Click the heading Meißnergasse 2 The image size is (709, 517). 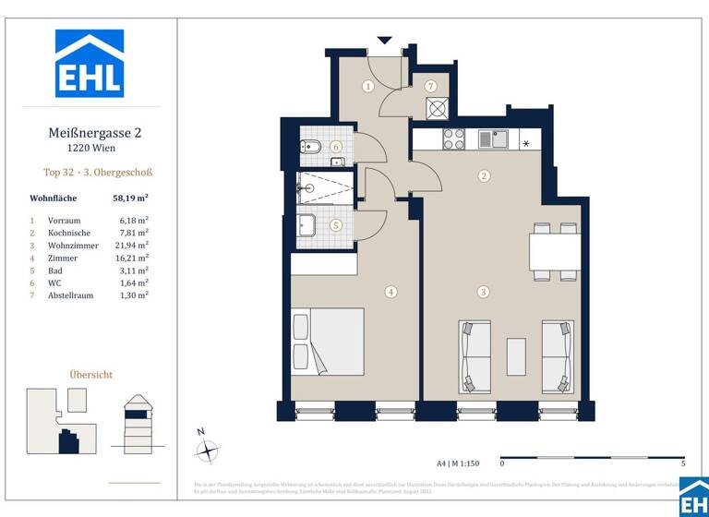(94, 132)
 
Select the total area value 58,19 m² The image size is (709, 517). (130, 197)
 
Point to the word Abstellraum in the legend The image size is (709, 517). (71, 295)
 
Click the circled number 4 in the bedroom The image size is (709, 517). (391, 292)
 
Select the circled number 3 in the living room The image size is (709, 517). (483, 292)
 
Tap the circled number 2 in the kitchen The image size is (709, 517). (483, 175)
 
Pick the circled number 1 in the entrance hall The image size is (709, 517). (367, 87)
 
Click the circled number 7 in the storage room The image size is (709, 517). (431, 86)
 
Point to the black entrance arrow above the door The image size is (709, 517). (385, 41)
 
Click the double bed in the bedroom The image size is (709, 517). (328, 341)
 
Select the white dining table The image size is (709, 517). (554, 250)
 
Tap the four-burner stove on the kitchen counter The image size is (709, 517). (453, 139)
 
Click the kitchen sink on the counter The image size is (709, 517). (498, 139)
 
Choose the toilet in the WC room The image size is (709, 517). (310, 148)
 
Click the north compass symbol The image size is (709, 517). (209, 450)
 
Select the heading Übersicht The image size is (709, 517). (91, 374)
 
